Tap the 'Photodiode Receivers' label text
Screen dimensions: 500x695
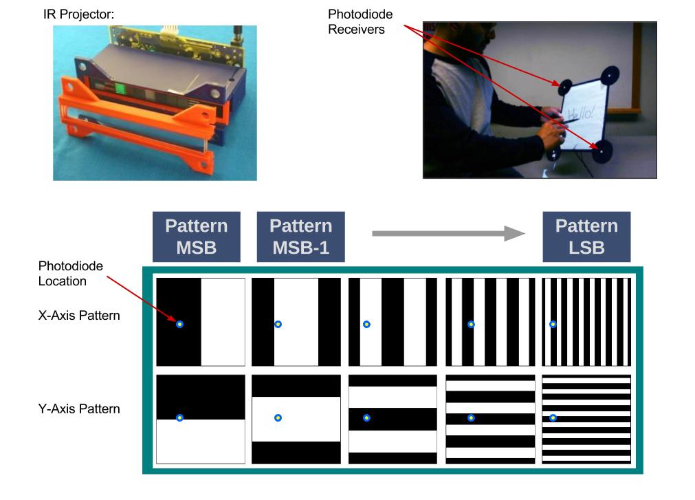[361, 21]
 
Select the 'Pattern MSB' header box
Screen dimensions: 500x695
[197, 237]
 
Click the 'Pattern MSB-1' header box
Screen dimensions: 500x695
[300, 237]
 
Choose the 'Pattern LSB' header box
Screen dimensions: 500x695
[586, 237]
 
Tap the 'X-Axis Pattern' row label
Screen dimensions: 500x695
[79, 316]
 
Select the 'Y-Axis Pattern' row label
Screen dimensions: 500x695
[79, 409]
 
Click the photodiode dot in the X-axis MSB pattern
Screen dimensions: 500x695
[179, 324]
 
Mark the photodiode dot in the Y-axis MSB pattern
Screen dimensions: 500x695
[179, 417]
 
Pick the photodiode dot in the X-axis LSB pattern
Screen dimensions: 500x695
[553, 324]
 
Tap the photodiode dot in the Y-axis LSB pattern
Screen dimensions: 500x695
[553, 417]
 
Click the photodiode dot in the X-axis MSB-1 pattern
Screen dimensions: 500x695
[278, 324]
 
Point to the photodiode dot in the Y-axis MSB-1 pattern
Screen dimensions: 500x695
[278, 417]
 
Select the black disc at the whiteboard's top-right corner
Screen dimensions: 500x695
[609, 76]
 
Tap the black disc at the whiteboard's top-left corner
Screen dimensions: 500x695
[565, 87]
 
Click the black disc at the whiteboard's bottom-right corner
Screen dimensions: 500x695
[604, 151]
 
